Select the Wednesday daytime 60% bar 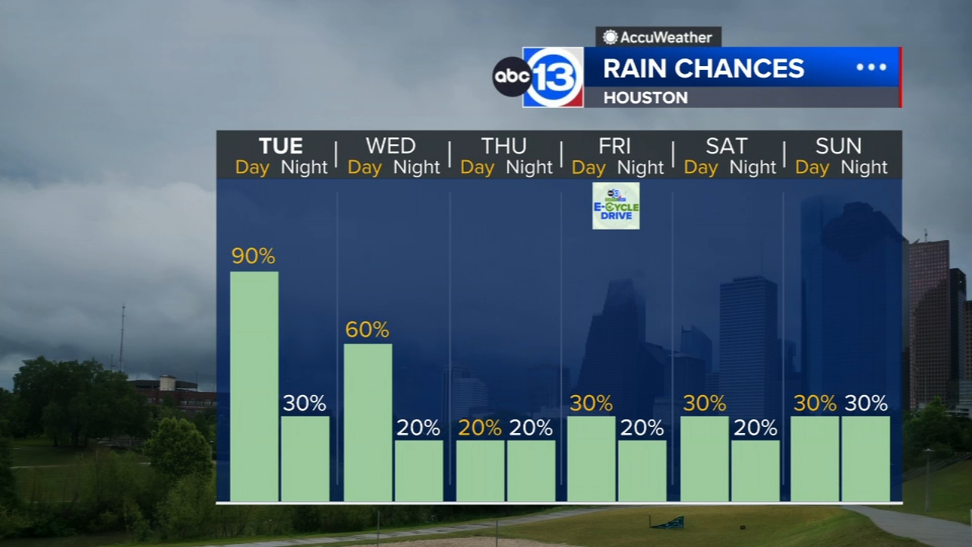(x=368, y=422)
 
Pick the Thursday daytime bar (x=480, y=470)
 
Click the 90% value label (x=254, y=257)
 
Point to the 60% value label (x=368, y=330)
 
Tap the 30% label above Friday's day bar (x=591, y=403)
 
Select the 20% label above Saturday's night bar (x=756, y=428)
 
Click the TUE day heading (x=281, y=146)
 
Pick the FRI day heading (x=614, y=146)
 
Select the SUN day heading (x=838, y=146)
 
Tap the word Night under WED (x=417, y=167)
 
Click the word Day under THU (x=477, y=167)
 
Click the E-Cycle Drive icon (x=616, y=206)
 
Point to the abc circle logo (x=511, y=77)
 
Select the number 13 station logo (x=554, y=77)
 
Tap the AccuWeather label (x=658, y=36)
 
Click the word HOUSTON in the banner (x=645, y=97)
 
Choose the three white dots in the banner (x=871, y=67)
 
